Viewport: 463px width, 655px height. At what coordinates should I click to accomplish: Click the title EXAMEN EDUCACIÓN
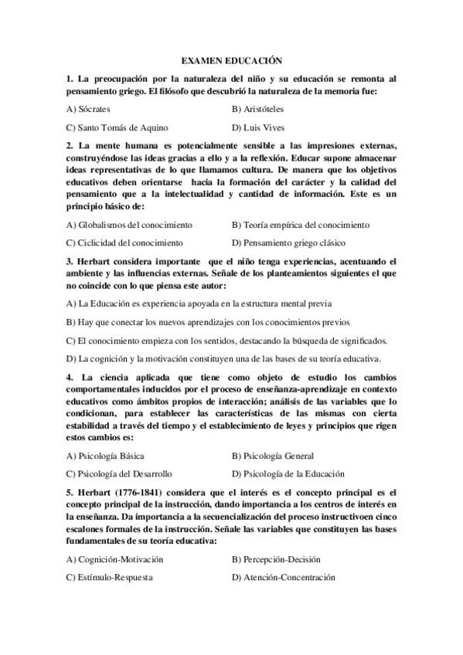coord(232,59)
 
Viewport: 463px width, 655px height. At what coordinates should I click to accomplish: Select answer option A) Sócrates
coord(89,110)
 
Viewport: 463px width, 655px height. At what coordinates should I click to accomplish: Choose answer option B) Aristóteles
coord(257,110)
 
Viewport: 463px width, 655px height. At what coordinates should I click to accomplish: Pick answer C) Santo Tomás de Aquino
coord(117,128)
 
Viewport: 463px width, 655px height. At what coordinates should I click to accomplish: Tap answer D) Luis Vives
coord(254,128)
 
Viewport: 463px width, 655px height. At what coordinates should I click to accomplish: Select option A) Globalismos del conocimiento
coord(129,225)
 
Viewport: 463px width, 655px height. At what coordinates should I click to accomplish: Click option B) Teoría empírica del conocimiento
coord(301,225)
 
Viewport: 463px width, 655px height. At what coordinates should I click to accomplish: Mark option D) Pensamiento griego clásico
coord(290,243)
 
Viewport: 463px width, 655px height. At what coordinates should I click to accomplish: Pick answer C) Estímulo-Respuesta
coord(109,577)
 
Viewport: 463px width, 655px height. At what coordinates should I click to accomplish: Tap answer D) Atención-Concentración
coord(283,577)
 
